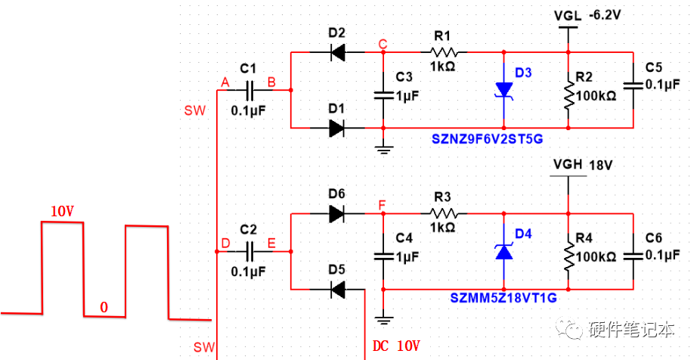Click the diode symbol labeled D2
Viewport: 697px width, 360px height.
(x=337, y=52)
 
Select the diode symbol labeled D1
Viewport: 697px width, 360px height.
(x=337, y=128)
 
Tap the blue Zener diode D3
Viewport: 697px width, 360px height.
(x=504, y=88)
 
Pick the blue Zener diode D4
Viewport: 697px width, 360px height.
(x=504, y=251)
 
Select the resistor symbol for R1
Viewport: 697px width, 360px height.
(x=444, y=52)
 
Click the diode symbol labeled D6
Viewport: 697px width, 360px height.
(x=337, y=214)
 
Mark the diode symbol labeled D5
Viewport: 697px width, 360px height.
(x=337, y=289)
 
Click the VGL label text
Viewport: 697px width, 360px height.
(x=566, y=14)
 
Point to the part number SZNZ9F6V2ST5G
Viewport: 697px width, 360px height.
(x=488, y=140)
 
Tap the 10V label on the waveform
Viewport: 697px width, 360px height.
(x=63, y=212)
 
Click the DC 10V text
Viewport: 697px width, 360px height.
(x=396, y=346)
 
